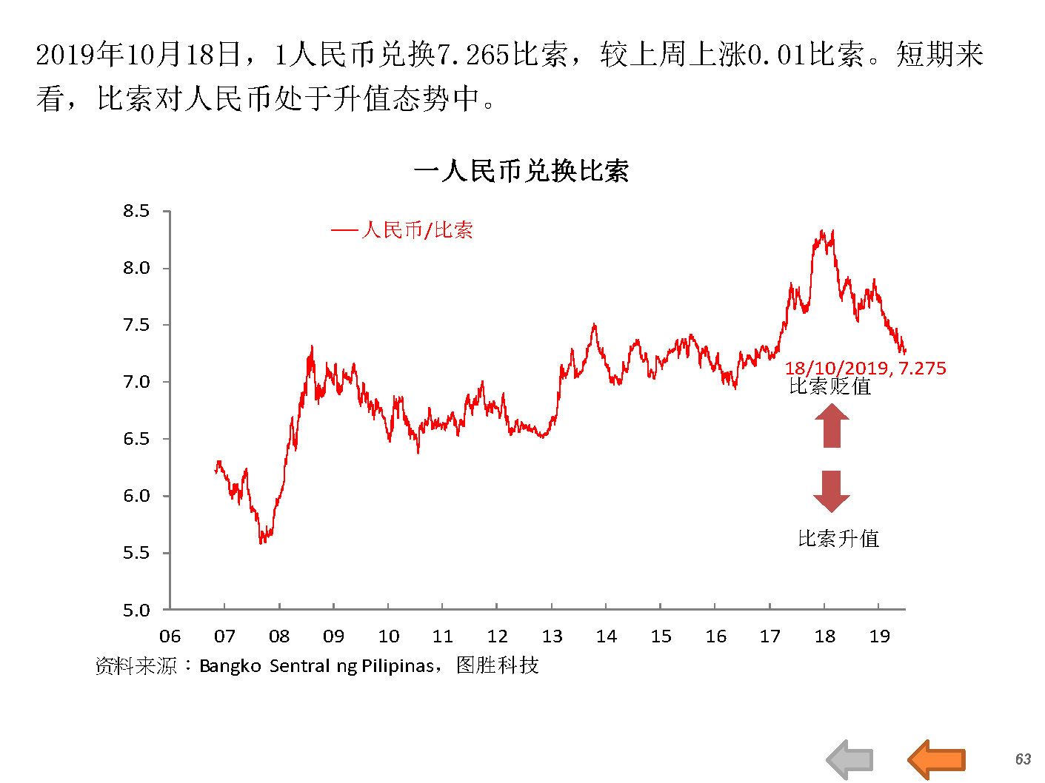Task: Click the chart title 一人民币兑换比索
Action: click(x=521, y=172)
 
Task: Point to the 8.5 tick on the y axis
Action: click(x=136, y=212)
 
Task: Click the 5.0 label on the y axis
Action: click(x=136, y=611)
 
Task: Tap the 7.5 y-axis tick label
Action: click(x=136, y=325)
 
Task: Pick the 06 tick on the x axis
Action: click(x=170, y=636)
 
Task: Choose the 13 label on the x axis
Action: click(x=552, y=636)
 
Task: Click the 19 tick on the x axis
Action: click(x=879, y=636)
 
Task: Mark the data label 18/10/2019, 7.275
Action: click(x=865, y=369)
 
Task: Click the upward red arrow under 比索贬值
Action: click(x=832, y=428)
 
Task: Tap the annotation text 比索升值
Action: click(x=838, y=539)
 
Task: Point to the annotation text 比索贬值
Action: click(x=830, y=386)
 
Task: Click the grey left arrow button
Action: click(x=849, y=759)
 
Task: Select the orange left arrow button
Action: click(x=936, y=759)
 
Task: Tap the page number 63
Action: click(x=1023, y=759)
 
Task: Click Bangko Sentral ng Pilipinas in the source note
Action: click(x=316, y=666)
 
